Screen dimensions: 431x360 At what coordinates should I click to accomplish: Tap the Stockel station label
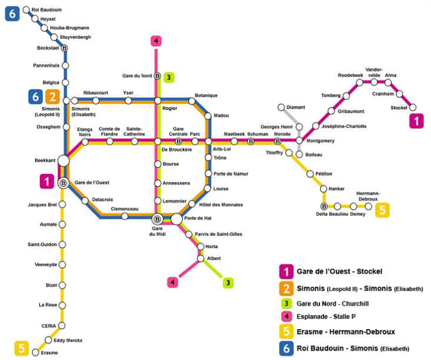[398, 107]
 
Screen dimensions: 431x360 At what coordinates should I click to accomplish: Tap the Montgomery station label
[321, 141]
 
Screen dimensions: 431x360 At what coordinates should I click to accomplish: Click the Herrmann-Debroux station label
[368, 196]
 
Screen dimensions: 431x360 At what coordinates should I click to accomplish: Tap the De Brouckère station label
[177, 149]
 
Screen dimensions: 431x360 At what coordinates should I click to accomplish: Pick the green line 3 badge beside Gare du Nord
[169, 78]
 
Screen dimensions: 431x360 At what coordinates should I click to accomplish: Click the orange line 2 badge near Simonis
[53, 97]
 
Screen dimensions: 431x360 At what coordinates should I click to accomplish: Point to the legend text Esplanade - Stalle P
[326, 317]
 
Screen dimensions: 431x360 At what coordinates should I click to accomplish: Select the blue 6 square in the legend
[286, 348]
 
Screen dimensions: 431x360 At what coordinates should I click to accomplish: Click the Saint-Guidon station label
[42, 244]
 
